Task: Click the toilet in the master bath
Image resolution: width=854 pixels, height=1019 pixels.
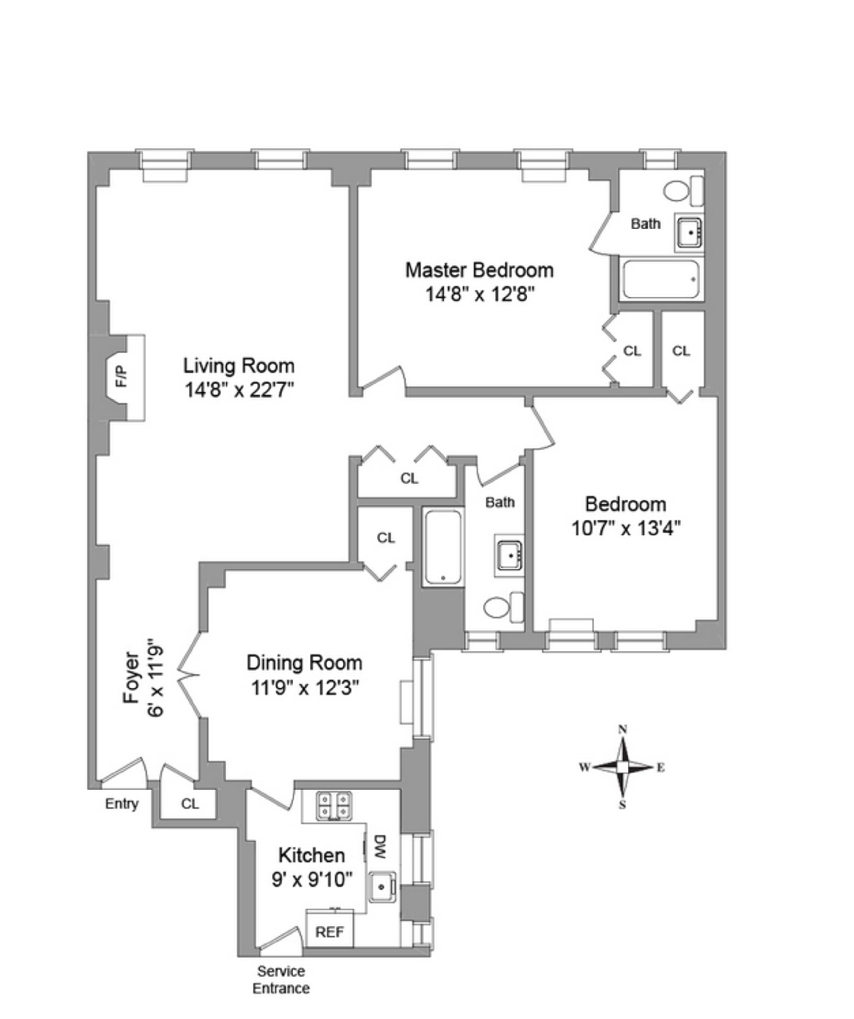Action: tap(677, 191)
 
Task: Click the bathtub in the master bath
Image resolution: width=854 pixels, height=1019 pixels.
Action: tap(661, 280)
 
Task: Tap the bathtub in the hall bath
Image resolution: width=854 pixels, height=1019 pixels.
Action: tap(443, 547)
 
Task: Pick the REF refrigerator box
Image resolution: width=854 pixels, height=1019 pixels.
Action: tap(329, 932)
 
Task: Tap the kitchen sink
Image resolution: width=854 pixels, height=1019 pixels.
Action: tap(382, 887)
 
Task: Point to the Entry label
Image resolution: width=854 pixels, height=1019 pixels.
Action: tap(122, 804)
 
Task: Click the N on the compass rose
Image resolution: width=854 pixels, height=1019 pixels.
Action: tap(623, 730)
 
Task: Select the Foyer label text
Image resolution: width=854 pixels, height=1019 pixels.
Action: tap(131, 677)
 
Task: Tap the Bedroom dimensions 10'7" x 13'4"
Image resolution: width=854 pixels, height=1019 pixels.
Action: tap(626, 528)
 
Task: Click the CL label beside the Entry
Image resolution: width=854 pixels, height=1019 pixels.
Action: tap(190, 804)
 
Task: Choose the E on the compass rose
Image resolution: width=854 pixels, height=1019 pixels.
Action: tap(661, 768)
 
